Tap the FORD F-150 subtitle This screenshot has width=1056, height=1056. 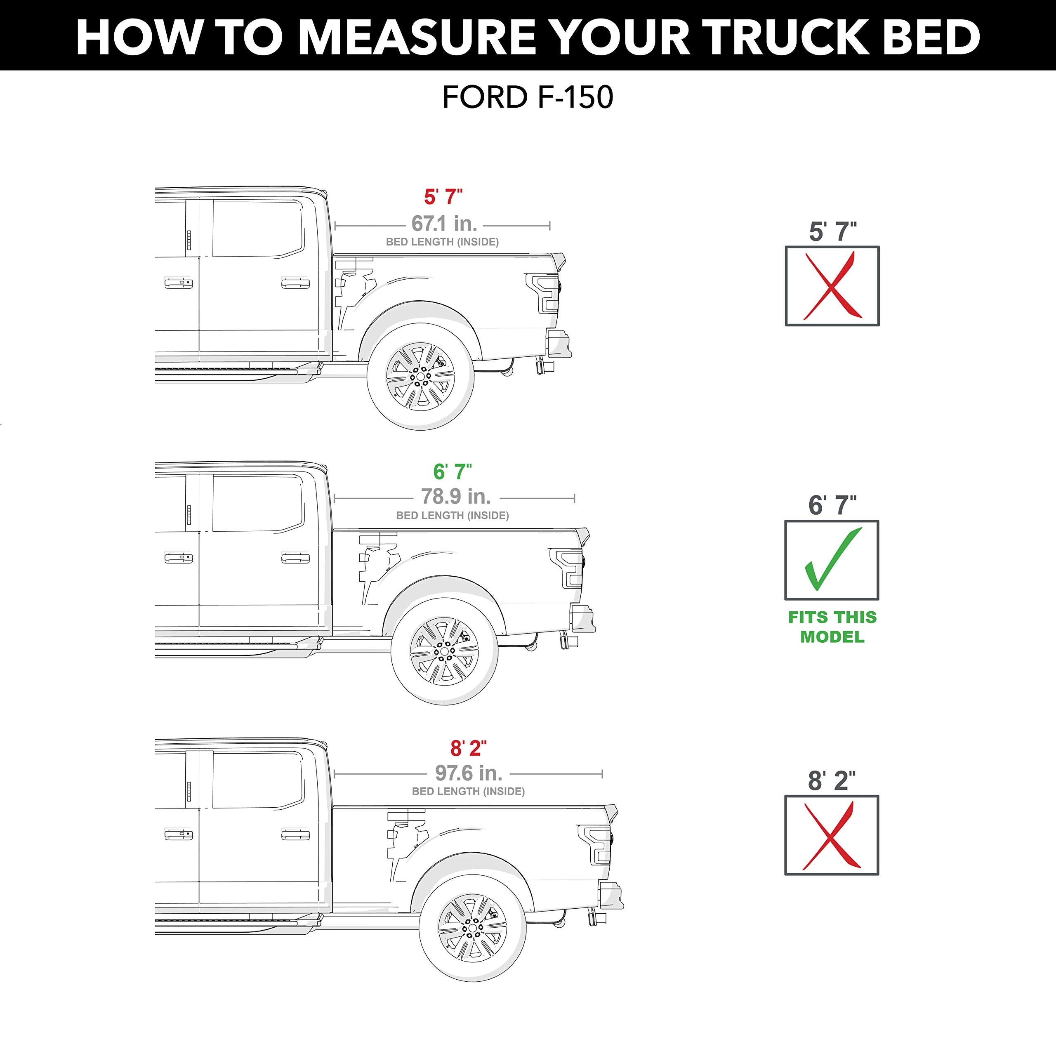pyautogui.click(x=528, y=98)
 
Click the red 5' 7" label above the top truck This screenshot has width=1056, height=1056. pyautogui.click(x=443, y=197)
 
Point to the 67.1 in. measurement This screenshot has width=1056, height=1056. pyautogui.click(x=444, y=224)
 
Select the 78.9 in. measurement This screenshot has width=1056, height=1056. pyautogui.click(x=455, y=496)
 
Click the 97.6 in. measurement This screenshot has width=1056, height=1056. pyautogui.click(x=469, y=773)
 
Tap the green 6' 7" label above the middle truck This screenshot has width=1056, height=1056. pyautogui.click(x=452, y=471)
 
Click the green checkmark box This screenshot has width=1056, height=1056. pyautogui.click(x=831, y=560)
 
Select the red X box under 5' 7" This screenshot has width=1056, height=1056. pyautogui.click(x=832, y=286)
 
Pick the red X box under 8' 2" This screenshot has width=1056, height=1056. pyautogui.click(x=831, y=835)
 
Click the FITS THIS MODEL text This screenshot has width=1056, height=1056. pyautogui.click(x=832, y=627)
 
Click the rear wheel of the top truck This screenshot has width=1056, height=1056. pyautogui.click(x=420, y=377)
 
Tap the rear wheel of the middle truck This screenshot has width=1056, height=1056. pyautogui.click(x=444, y=651)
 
